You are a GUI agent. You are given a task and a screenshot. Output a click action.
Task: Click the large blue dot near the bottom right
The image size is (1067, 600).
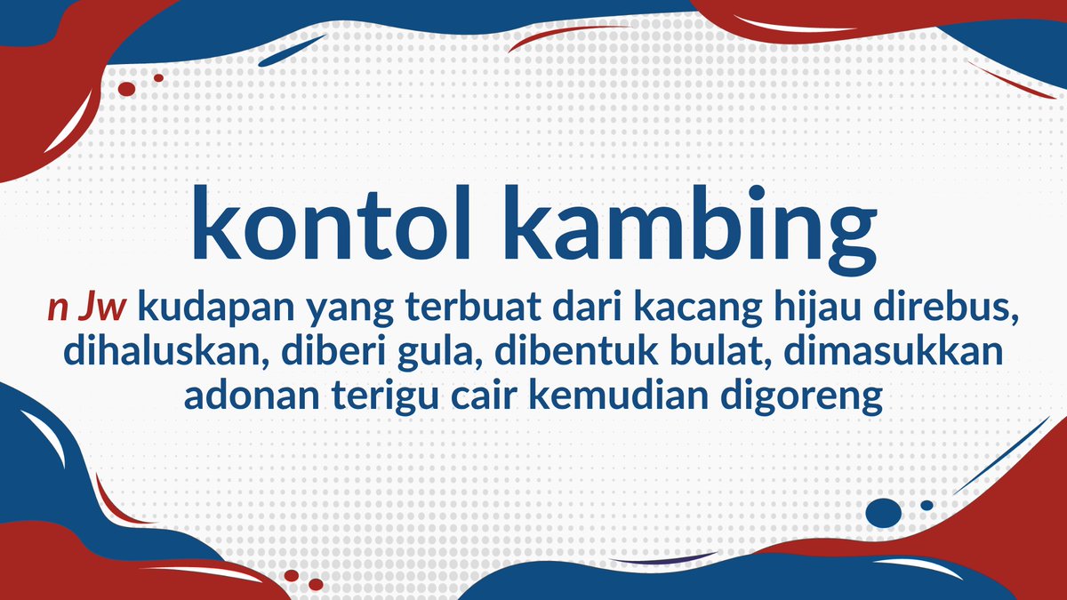[x=883, y=512]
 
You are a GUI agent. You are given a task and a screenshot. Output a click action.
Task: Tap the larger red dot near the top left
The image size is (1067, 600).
[x=126, y=89]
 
